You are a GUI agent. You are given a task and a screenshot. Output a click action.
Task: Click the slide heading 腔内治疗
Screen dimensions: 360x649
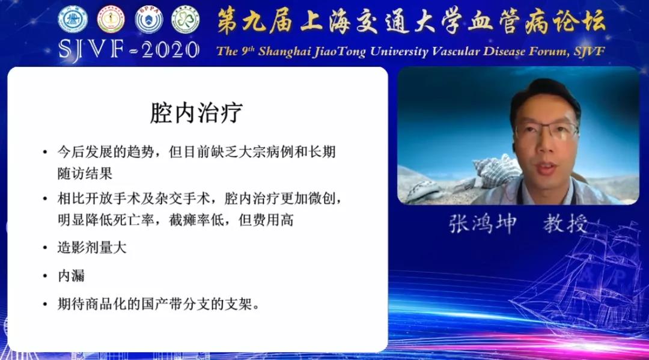coord(197,112)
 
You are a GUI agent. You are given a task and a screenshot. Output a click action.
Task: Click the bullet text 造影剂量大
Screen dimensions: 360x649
coord(92,248)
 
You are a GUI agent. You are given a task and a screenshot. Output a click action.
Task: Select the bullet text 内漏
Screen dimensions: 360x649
coord(71,276)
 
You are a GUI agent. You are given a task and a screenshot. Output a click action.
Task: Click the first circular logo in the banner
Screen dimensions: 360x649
coord(73,20)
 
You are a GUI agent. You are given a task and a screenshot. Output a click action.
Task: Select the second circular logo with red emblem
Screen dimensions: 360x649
coord(111,20)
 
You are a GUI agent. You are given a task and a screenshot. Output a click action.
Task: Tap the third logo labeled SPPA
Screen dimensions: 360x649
coord(148,20)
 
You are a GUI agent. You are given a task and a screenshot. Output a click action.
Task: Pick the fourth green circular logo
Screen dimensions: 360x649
coord(186,20)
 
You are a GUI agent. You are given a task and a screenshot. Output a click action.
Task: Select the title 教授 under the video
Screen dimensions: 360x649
coord(565,224)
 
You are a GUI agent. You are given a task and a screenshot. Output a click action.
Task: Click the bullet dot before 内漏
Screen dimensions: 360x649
coord(45,276)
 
